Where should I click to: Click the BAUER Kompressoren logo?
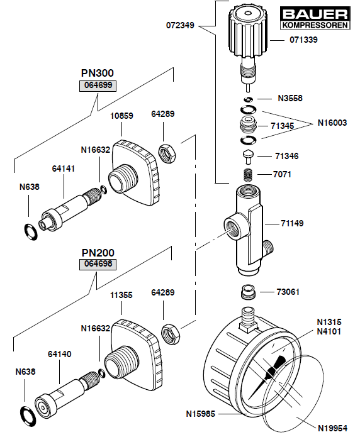pyautogui.click(x=315, y=18)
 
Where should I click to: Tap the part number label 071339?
pyautogui.click(x=303, y=40)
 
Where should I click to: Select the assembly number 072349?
pyautogui.click(x=180, y=25)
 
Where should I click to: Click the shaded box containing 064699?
pyautogui.click(x=98, y=86)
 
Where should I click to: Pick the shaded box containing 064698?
pyautogui.click(x=98, y=265)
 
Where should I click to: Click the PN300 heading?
pyautogui.click(x=98, y=73)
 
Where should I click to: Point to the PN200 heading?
pyautogui.click(x=98, y=253)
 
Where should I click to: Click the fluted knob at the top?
pyautogui.click(x=248, y=31)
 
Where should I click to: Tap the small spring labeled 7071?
pyautogui.click(x=248, y=175)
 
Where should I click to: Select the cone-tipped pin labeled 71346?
pyautogui.click(x=248, y=156)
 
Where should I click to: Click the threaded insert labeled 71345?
pyautogui.click(x=248, y=124)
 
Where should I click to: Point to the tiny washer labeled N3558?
pyautogui.click(x=248, y=99)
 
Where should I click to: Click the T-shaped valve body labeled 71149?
pyautogui.click(x=249, y=229)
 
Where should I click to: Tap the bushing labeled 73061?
pyautogui.click(x=249, y=292)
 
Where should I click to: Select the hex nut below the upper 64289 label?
pyautogui.click(x=167, y=154)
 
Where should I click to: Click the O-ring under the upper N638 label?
pyautogui.click(x=30, y=232)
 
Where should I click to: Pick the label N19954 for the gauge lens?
pyautogui.click(x=332, y=428)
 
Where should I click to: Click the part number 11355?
pyautogui.click(x=121, y=295)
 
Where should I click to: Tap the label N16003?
pyautogui.click(x=332, y=123)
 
